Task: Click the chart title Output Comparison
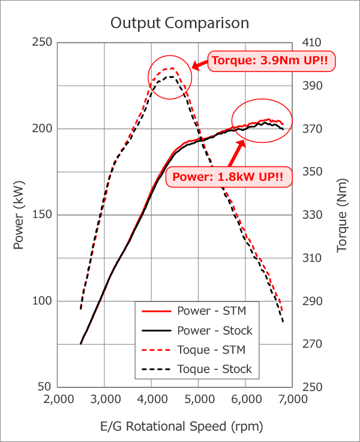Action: click(x=180, y=23)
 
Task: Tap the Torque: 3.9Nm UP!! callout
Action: click(x=271, y=61)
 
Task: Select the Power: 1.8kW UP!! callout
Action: click(x=228, y=178)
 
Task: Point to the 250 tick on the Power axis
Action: click(x=44, y=43)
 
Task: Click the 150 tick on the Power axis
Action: click(x=44, y=215)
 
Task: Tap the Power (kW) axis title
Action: click(x=19, y=215)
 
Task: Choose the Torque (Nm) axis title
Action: click(x=342, y=215)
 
